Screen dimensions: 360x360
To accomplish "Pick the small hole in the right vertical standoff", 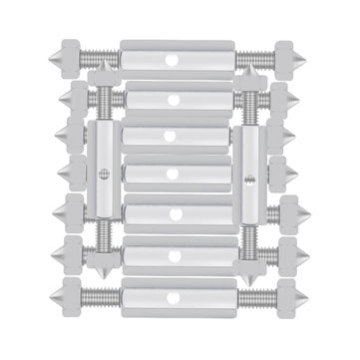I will click(x=252, y=179).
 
